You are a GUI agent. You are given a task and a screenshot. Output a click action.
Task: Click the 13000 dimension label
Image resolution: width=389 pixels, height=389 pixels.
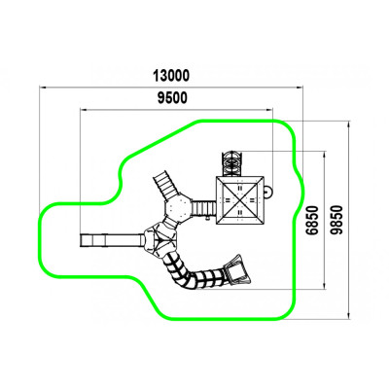171,76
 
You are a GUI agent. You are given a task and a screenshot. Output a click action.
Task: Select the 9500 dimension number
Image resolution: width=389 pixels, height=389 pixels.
172,98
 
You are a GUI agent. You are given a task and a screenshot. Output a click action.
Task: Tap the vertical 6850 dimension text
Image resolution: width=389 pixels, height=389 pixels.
313,220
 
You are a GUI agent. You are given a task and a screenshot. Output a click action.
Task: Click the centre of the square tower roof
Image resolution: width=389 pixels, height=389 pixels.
240,200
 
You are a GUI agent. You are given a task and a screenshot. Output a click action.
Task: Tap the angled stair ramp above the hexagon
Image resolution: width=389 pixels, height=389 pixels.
165,185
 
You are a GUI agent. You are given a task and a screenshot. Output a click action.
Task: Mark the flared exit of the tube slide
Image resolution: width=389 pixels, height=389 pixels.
238,270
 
